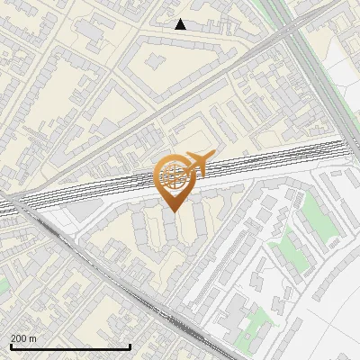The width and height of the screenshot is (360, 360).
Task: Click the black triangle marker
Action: [x=180, y=24]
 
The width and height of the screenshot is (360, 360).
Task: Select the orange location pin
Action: [x=175, y=181]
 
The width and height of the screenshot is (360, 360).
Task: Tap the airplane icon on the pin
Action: [x=198, y=164]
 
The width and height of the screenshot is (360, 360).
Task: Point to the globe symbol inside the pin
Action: [x=174, y=175]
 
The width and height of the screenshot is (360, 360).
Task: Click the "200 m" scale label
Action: [x=23, y=338]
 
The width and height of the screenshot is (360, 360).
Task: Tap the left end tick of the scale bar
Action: [x=10, y=345]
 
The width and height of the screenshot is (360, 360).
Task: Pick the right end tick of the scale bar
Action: [x=131, y=345]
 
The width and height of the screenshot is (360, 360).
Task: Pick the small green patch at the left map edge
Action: [x=4, y=284]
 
